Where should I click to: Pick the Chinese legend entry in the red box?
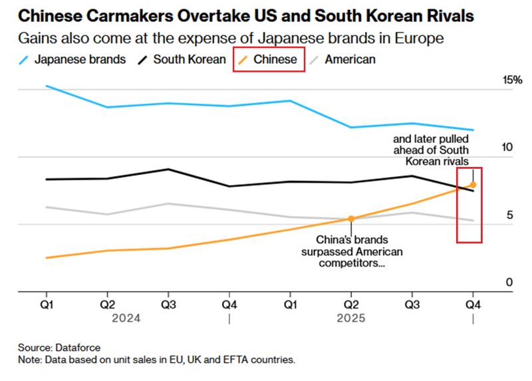(269, 60)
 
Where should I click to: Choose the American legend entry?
(348, 60)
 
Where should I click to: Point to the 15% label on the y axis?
(512, 80)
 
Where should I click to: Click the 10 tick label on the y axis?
(508, 148)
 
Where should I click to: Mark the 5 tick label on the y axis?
(509, 215)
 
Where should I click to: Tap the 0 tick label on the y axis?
(509, 283)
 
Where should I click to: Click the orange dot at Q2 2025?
(351, 218)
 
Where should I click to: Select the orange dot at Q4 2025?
(473, 185)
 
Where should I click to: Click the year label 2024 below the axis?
(126, 318)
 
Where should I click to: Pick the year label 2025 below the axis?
(350, 318)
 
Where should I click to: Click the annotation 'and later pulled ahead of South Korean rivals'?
(431, 150)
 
